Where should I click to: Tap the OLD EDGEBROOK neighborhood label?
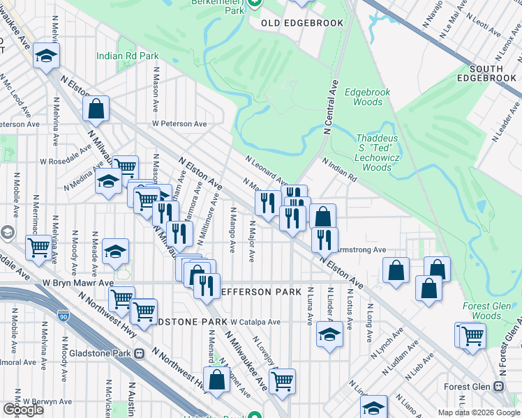pos(302,23)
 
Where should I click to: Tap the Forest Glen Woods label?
pos(491,311)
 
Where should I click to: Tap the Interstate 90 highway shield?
pos(64,317)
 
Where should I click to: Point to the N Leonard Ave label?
pos(266,170)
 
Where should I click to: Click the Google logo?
pos(23,410)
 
